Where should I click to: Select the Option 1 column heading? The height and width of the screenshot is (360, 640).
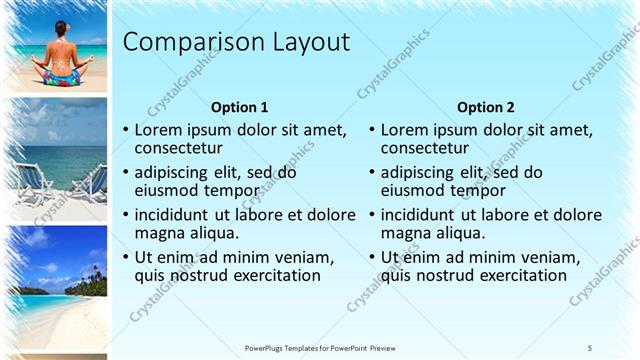(240, 107)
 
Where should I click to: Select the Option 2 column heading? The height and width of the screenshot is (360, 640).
(485, 107)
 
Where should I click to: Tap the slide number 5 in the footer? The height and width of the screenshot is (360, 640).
(590, 347)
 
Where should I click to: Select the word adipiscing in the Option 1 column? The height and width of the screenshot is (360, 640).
(174, 172)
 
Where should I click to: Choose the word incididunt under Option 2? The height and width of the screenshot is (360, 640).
(423, 215)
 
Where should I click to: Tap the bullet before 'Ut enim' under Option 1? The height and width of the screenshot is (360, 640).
(125, 258)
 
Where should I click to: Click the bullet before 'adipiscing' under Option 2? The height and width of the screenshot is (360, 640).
(371, 173)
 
